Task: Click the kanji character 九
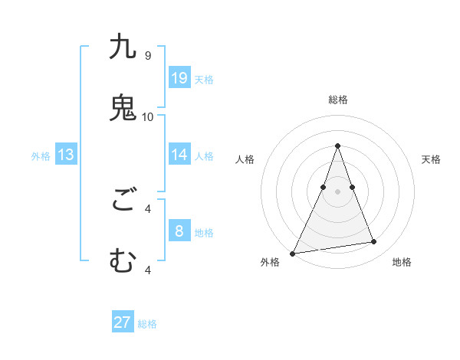point(123,47)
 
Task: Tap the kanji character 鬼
point(123,108)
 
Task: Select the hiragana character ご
point(123,201)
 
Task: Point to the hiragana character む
point(123,261)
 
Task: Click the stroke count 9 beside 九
point(148,56)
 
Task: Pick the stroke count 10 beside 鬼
point(148,116)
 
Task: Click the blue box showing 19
point(179,77)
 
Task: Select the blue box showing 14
point(179,154)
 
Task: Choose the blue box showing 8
point(179,231)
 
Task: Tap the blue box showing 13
point(66,155)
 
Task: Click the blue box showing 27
point(123,322)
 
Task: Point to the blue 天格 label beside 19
point(204,79)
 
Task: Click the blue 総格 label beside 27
point(147,324)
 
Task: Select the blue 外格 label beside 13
point(41,156)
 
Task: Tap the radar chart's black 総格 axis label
point(337,100)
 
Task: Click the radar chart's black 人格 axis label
point(245,159)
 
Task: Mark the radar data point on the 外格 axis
point(293,254)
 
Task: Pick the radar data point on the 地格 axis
point(374,242)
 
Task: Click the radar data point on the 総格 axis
point(337,146)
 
